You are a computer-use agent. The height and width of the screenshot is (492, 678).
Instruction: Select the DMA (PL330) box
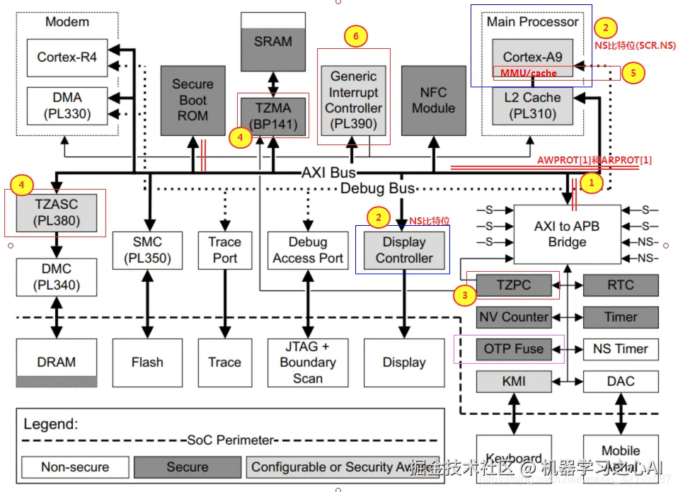67,105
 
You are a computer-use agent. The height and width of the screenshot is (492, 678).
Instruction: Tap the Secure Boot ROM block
193,100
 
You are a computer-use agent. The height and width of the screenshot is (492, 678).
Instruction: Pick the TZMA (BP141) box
273,117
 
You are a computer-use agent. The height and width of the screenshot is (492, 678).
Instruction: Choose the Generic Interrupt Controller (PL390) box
354,100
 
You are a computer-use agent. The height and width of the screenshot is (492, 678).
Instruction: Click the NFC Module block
433,100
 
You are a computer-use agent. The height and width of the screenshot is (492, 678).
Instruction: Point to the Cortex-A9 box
532,57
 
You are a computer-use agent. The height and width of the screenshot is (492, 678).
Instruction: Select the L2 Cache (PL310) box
532,105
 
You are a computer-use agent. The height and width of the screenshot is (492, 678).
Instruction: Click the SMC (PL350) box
147,250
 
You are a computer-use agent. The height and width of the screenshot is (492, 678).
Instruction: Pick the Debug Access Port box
308,250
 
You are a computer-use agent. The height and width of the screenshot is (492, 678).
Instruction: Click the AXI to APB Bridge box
567,234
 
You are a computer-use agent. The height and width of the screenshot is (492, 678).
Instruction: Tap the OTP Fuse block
514,348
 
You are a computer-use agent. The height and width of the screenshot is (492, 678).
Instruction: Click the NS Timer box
621,348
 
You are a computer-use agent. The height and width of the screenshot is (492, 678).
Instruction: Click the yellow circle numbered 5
633,73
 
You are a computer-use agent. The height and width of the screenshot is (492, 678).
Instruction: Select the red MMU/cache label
529,73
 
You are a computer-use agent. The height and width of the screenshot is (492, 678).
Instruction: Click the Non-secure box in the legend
75,467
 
